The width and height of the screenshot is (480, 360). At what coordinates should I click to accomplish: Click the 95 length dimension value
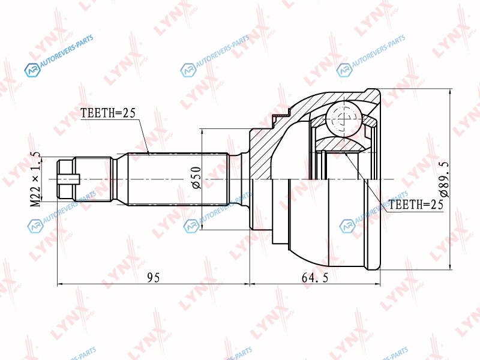point(154,277)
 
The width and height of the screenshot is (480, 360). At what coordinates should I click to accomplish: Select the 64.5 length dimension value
point(314,278)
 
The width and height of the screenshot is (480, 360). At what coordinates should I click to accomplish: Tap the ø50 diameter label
point(196,177)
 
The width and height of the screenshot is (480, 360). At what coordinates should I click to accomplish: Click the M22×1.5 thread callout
point(36,179)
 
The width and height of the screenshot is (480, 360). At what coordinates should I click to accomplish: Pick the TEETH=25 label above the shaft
point(108,113)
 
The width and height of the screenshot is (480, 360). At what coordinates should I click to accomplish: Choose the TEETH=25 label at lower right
point(416,204)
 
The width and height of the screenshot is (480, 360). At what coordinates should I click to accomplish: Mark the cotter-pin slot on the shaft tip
point(69,179)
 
